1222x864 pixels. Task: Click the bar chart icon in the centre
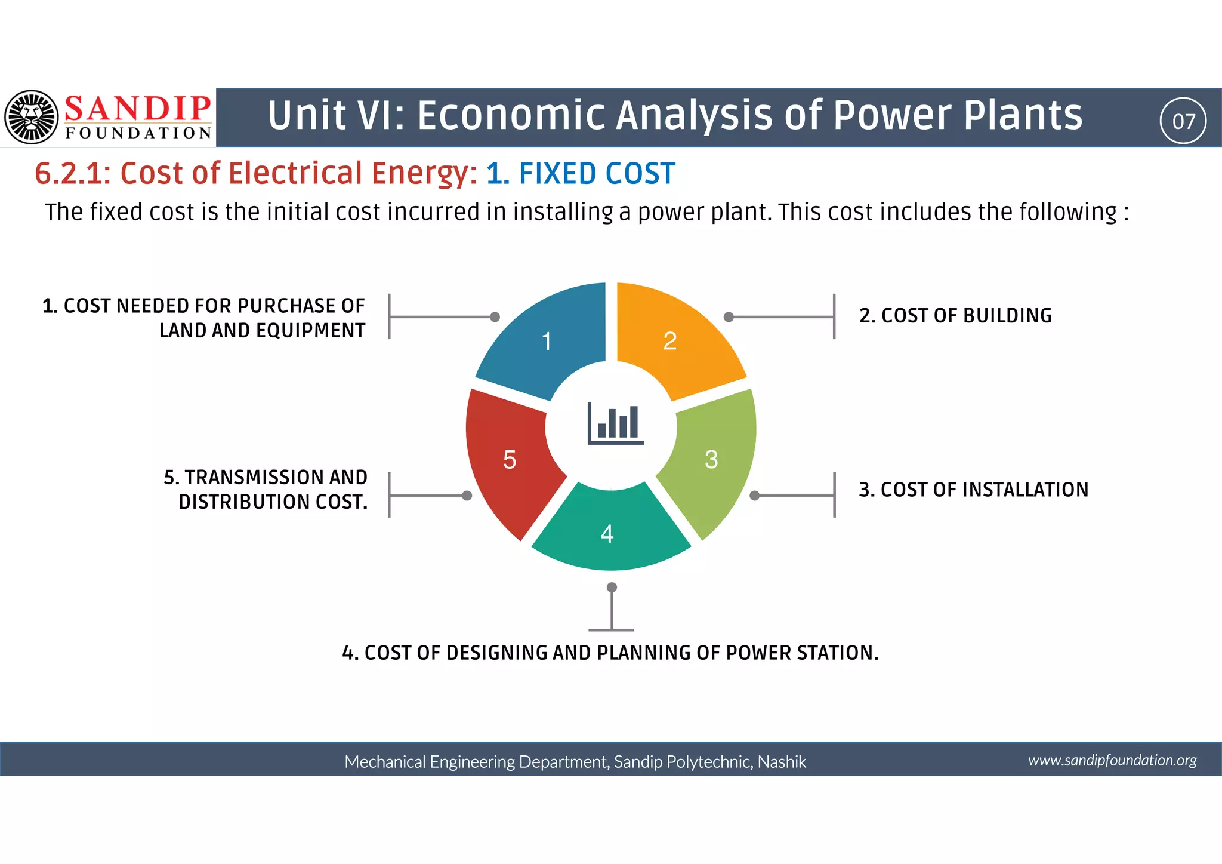(x=615, y=423)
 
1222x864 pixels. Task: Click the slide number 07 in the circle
(x=1183, y=121)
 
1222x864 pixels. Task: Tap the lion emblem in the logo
(x=32, y=117)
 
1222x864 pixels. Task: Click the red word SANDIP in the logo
(x=137, y=109)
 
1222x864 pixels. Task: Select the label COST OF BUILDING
(x=955, y=315)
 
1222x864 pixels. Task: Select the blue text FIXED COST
(x=597, y=174)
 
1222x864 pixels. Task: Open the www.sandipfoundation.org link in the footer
(x=1112, y=760)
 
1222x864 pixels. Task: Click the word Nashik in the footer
(x=782, y=762)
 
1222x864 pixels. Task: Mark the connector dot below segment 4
(x=612, y=588)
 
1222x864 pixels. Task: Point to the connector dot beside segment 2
(x=729, y=317)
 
